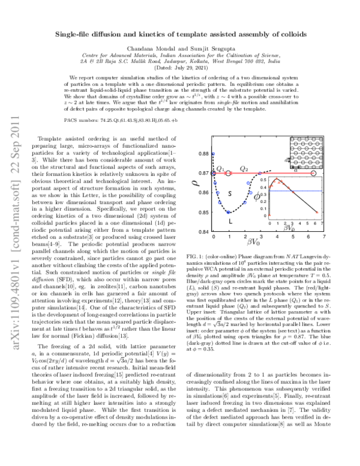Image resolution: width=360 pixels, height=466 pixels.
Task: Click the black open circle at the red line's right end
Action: (x=314, y=174)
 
